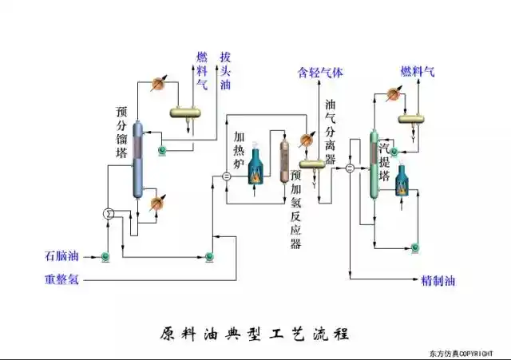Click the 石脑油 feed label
tap(61, 256)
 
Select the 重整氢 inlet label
tap(61, 280)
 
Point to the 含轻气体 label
tap(320, 72)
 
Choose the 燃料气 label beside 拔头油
tap(202, 70)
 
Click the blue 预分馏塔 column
tap(138, 160)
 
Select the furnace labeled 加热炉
tap(255, 167)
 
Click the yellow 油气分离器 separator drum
tap(311, 163)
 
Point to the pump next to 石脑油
tap(105, 256)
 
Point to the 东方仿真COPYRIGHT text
tap(467, 353)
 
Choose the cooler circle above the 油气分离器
tap(304, 140)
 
